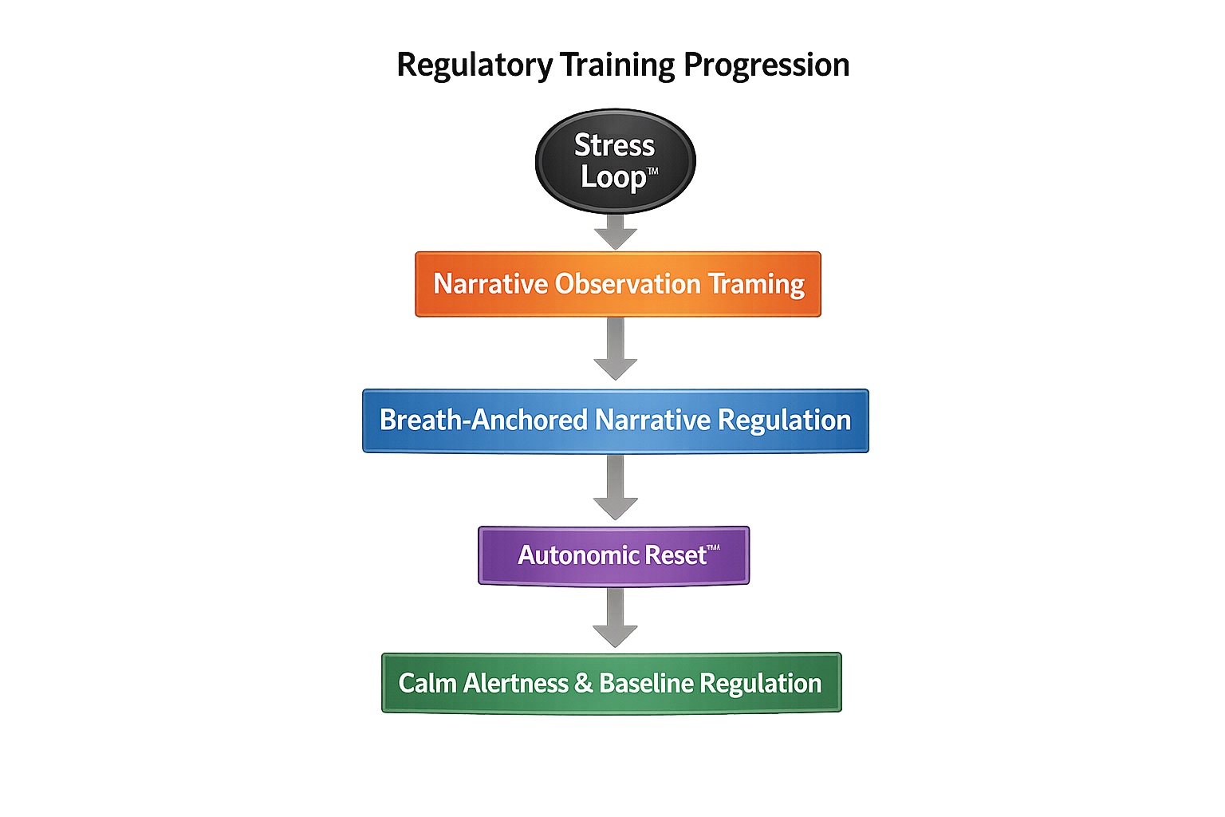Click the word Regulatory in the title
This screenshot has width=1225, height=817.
click(475, 65)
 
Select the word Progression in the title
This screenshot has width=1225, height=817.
click(766, 65)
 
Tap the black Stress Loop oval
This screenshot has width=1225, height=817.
click(615, 161)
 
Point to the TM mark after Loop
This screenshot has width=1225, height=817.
click(652, 172)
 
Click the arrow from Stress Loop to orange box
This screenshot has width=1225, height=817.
click(616, 232)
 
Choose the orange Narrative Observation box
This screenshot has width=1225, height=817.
click(618, 284)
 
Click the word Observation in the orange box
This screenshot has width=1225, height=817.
click(628, 284)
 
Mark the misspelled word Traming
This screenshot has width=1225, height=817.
click(757, 285)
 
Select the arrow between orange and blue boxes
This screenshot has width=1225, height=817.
click(616, 349)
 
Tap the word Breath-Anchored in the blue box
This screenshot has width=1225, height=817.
click(483, 420)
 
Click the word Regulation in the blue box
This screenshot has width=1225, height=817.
click(784, 420)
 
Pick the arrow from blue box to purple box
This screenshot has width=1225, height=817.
click(616, 487)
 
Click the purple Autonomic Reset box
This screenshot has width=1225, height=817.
click(613, 556)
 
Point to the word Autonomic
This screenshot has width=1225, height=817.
click(578, 555)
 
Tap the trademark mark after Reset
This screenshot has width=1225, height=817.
click(713, 548)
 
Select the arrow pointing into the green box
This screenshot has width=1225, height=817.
click(615, 618)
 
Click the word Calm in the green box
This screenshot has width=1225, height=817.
click(427, 684)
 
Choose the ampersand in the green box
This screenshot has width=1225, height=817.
click(584, 684)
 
